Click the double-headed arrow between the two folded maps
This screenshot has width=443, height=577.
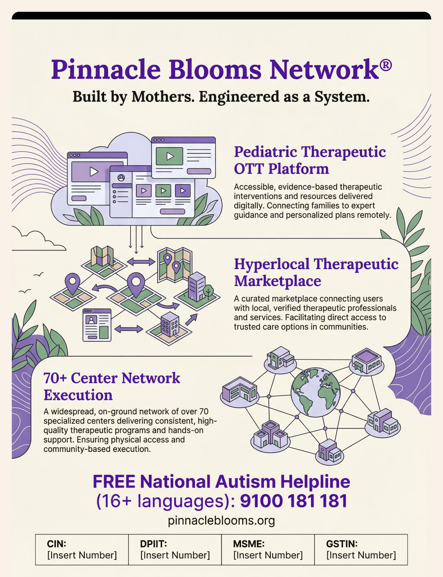(141, 262)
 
